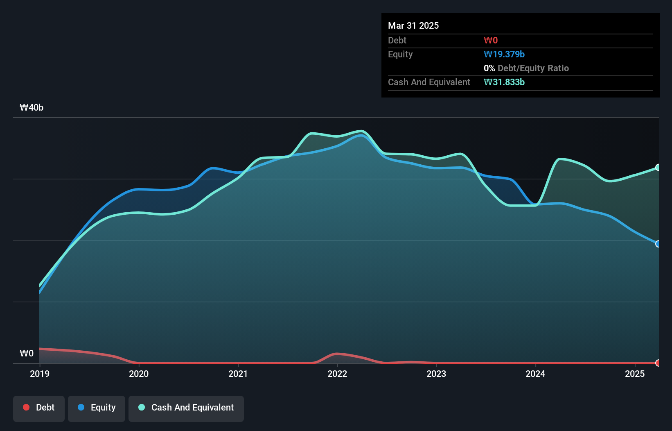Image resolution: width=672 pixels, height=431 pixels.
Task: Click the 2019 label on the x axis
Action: pos(40,374)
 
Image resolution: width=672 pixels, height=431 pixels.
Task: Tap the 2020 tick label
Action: pos(139,374)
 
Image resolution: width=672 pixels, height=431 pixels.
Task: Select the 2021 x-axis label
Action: pos(238,374)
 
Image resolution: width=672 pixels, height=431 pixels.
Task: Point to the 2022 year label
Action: pos(337,374)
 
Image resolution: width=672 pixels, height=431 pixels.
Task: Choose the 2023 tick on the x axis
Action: pos(436,374)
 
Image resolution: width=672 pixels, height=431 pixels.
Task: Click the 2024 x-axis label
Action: pos(535,374)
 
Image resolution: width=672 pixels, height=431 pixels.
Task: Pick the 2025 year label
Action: pos(635,374)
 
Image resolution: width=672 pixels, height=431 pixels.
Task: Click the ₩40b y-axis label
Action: pos(32,108)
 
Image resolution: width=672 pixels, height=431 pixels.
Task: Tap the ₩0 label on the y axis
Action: pos(27,353)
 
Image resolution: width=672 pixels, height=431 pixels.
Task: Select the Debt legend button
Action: pos(39,408)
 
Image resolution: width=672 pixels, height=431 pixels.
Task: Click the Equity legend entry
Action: pos(97,408)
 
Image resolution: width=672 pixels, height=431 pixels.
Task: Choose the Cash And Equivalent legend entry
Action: pos(186,408)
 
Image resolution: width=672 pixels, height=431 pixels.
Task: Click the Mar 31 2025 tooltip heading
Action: pos(413,25)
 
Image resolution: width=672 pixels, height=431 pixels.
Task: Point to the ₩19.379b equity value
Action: pos(504,54)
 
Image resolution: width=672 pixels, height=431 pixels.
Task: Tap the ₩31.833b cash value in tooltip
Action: pos(504,82)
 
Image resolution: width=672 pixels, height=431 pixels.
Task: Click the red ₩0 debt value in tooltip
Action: pos(491,41)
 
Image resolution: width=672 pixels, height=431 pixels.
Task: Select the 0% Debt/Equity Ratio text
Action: pos(526,68)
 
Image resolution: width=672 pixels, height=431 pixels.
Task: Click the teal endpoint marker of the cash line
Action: pos(658,168)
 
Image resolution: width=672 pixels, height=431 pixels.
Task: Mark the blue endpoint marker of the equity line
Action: pos(658,244)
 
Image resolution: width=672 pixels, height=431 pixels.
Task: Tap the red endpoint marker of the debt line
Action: pos(658,363)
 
